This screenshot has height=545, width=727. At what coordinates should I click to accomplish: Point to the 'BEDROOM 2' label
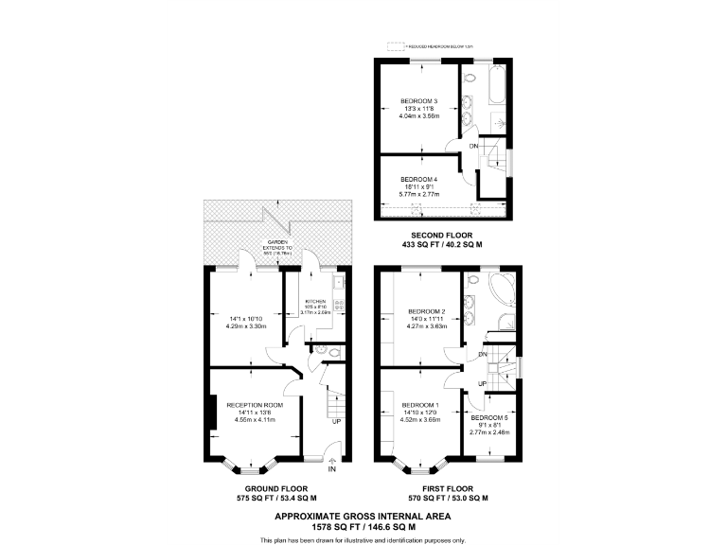pyautogui.click(x=426, y=311)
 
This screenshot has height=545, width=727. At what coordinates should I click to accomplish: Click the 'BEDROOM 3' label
pyautogui.click(x=418, y=101)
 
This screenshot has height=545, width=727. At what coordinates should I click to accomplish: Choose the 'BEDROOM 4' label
pyautogui.click(x=418, y=179)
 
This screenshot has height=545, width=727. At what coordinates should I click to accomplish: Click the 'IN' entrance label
pyautogui.click(x=331, y=469)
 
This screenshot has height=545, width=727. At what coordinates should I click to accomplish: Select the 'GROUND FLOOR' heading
pyautogui.click(x=275, y=489)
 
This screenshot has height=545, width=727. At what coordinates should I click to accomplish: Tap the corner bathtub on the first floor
pyautogui.click(x=500, y=286)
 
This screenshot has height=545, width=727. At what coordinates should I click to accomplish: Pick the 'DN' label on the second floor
pyautogui.click(x=473, y=147)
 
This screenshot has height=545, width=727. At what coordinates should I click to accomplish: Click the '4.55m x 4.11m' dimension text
pyautogui.click(x=251, y=419)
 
